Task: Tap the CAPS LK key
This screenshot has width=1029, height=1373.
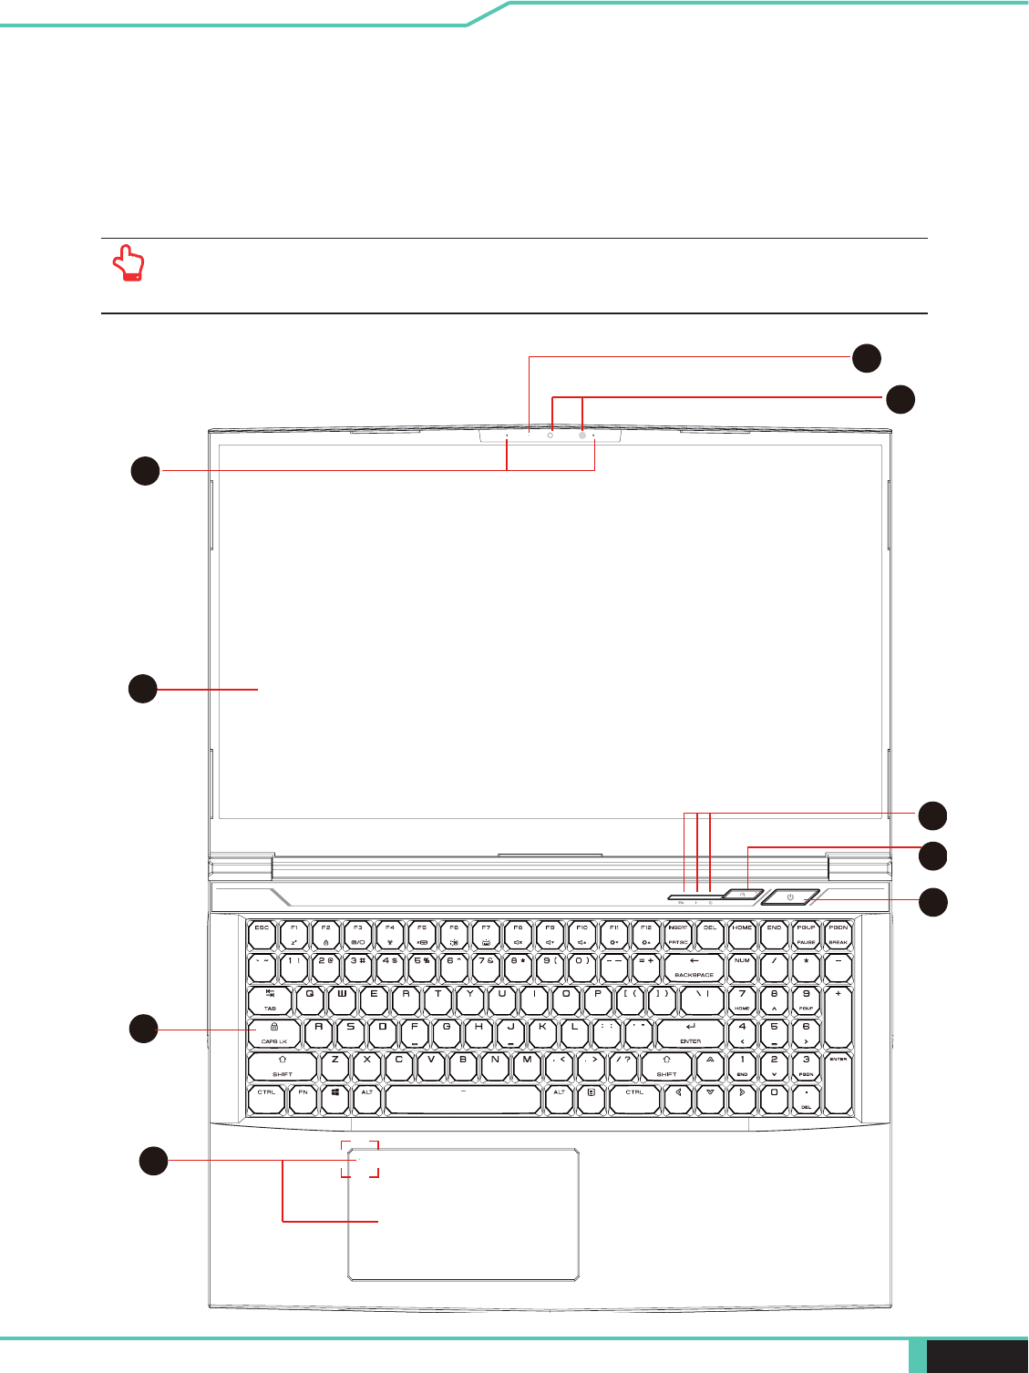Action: [273, 1033]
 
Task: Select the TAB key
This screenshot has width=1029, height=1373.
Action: [271, 1000]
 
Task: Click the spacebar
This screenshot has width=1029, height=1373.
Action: [463, 1099]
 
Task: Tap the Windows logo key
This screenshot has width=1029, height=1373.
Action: [335, 1099]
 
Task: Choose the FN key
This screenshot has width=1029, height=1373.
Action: [303, 1099]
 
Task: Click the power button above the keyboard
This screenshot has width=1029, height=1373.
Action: [790, 897]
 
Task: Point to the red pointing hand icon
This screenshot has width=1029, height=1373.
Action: [129, 264]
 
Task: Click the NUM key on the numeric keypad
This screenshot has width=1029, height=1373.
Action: [742, 967]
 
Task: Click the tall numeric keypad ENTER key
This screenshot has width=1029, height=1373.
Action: [838, 1082]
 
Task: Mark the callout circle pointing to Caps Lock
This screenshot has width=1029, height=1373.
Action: [143, 1029]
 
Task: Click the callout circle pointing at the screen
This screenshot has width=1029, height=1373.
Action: [143, 689]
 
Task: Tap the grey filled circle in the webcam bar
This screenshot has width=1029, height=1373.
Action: [581, 436]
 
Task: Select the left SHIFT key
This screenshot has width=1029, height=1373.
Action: [283, 1066]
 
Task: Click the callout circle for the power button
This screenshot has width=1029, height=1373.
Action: [932, 902]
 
